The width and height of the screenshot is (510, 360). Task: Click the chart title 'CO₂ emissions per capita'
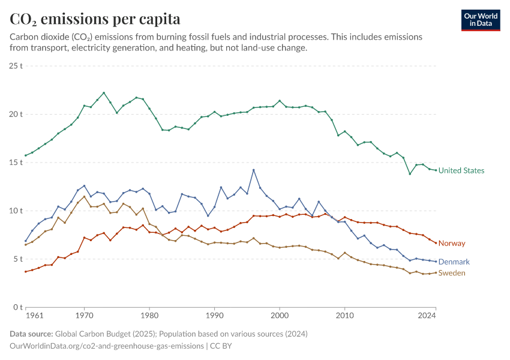coord(95,19)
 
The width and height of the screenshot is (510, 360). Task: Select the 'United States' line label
coord(461,170)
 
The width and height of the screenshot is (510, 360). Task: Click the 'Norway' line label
coord(451,243)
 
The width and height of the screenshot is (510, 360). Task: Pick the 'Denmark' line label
coord(454,262)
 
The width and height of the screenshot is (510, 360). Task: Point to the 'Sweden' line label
coord(452,273)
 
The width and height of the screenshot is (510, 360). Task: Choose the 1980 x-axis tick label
coord(149,315)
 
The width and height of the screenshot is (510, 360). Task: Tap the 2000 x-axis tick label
coord(280,315)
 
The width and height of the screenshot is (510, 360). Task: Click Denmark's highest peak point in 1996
coord(254,170)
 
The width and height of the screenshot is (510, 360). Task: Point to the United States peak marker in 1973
coord(104,93)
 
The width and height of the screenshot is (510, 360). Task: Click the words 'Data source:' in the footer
coord(31,334)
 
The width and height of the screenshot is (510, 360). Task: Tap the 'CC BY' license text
coord(221,346)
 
